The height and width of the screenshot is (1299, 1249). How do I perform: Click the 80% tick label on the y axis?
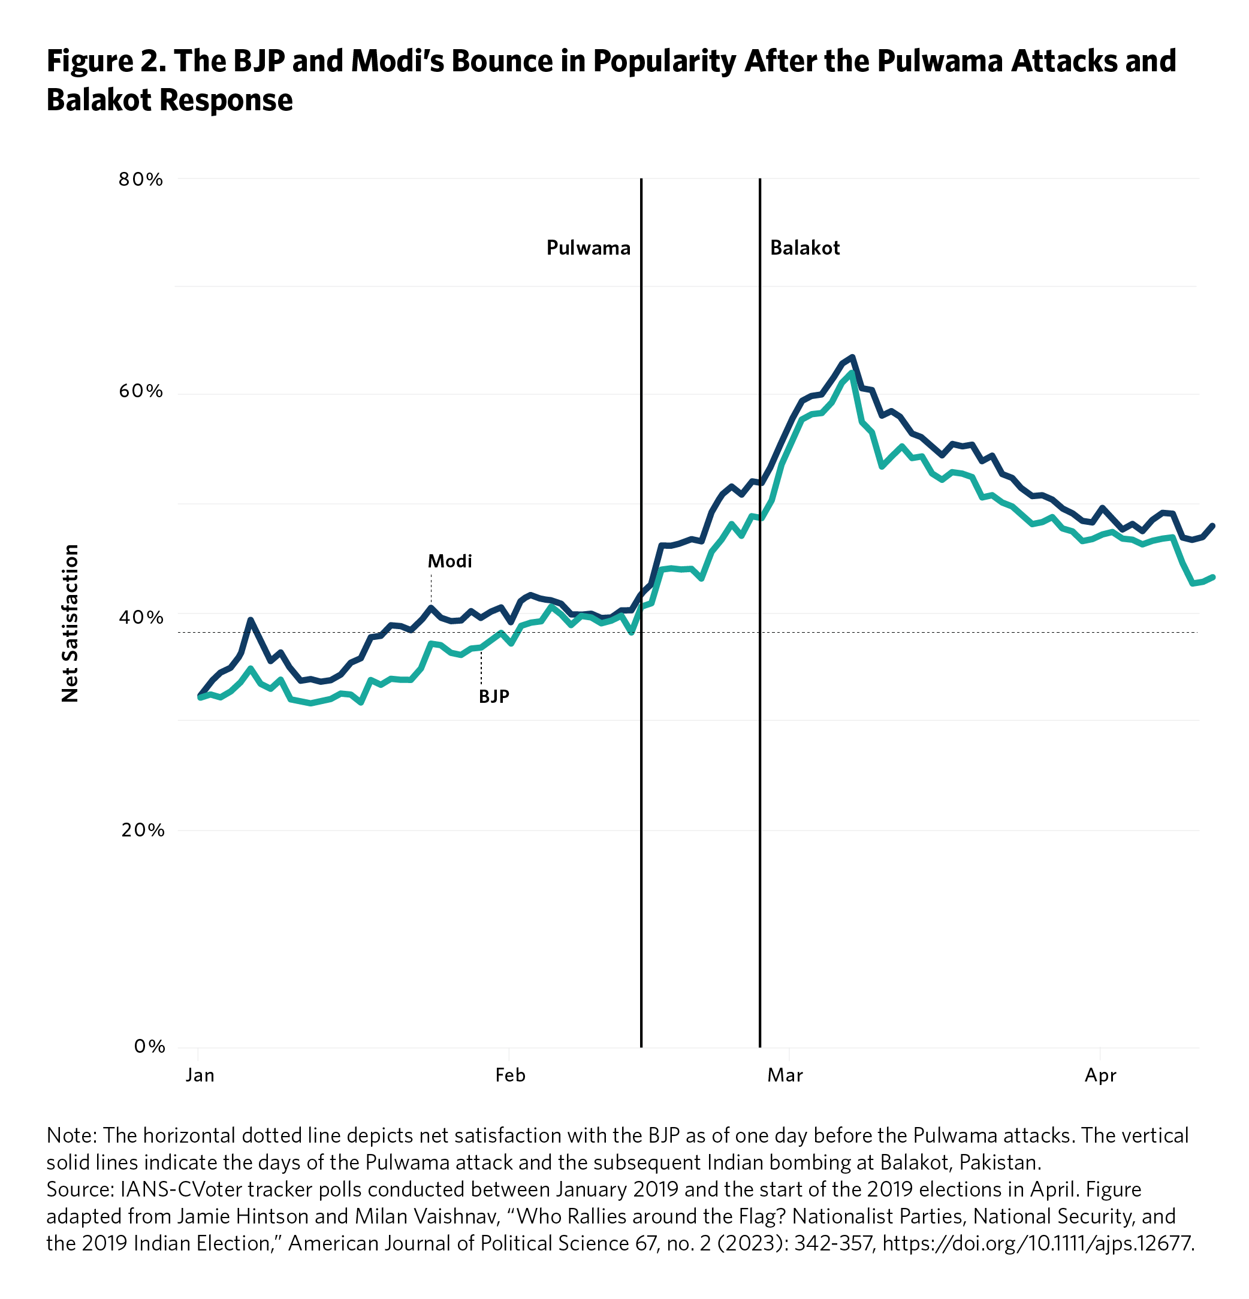[x=141, y=180]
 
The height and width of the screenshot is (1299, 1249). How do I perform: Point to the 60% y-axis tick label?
[x=141, y=391]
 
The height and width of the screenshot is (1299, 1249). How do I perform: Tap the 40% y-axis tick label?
[x=141, y=618]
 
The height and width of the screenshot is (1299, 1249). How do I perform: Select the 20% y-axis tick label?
[x=142, y=830]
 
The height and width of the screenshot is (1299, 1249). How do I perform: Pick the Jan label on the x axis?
[x=200, y=1075]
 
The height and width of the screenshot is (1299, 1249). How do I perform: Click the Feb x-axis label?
[x=510, y=1075]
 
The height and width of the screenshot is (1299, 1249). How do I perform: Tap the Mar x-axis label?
[x=785, y=1075]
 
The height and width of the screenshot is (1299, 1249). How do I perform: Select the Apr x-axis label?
[x=1100, y=1075]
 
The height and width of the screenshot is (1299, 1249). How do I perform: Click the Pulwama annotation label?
[x=588, y=248]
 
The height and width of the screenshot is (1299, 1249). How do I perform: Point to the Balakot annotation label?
[x=804, y=248]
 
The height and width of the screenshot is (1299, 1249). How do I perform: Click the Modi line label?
[x=449, y=561]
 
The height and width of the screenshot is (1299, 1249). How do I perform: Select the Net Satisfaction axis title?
[x=70, y=623]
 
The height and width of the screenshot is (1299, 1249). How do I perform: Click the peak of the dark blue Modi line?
[x=852, y=357]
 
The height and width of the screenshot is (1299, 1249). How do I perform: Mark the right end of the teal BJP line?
[x=1212, y=577]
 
